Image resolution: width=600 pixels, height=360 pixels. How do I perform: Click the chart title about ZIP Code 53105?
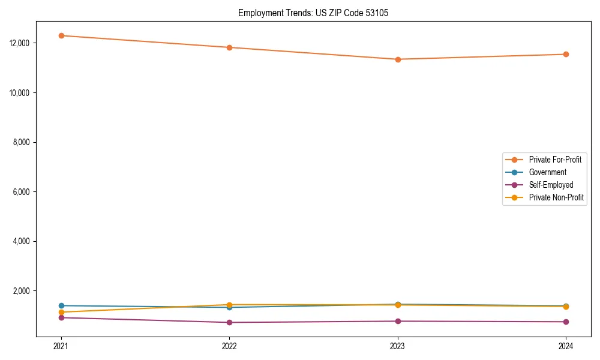[x=313, y=13]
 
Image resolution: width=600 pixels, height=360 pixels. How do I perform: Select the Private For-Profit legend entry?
[x=555, y=160]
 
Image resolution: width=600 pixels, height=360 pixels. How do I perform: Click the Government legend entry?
[x=547, y=172]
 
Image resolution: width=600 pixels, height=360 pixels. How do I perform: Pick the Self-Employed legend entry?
[x=551, y=185]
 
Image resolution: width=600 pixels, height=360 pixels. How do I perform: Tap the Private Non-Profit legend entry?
[x=556, y=197]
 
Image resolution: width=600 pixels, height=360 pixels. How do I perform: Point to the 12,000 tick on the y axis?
[x=20, y=43]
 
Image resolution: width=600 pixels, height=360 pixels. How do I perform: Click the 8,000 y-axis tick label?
[x=22, y=142]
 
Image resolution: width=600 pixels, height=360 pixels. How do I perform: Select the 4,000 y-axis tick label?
[x=22, y=241]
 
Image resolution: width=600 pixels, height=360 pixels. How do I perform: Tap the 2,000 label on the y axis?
[x=22, y=291]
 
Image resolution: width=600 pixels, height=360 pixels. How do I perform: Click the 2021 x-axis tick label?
[x=61, y=346]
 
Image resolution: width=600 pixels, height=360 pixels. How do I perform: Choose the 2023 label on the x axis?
[x=398, y=346]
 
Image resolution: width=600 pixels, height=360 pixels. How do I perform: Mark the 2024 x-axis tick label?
[x=566, y=346]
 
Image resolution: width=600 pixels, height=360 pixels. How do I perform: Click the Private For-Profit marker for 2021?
[x=61, y=35]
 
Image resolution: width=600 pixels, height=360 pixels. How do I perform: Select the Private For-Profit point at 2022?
[x=229, y=47]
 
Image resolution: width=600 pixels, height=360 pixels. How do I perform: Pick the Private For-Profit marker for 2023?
[x=398, y=59]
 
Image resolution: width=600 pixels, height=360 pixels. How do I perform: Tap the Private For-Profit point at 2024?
[x=566, y=55]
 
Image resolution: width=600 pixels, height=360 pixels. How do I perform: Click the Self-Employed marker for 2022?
[x=229, y=322]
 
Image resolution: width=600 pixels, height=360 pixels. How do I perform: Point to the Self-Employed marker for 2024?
[x=566, y=322]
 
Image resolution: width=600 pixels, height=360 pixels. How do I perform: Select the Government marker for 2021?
[x=61, y=305]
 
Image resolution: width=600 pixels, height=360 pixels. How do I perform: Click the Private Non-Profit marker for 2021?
[x=61, y=312]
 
